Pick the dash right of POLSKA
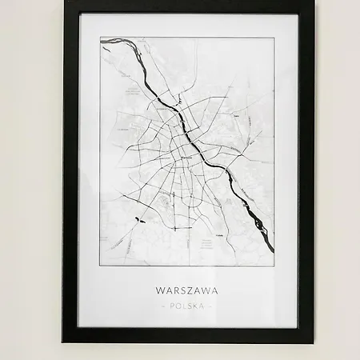point(210,306)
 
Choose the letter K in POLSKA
point(196,306)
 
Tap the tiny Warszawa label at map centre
point(186,158)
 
